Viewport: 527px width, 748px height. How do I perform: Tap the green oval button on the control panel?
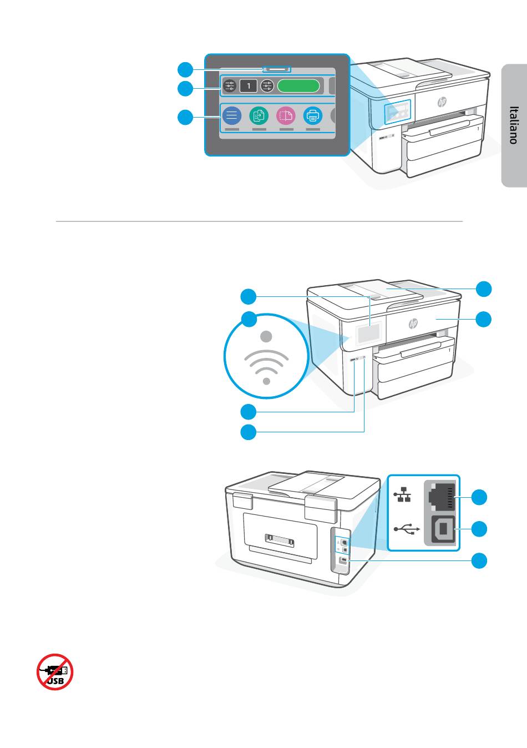tap(298, 85)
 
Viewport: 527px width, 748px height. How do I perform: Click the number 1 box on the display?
tap(249, 86)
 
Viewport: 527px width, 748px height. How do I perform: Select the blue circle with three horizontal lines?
tap(231, 116)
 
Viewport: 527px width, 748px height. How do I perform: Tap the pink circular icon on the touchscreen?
tap(286, 116)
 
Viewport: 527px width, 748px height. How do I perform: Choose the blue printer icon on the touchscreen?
tap(313, 116)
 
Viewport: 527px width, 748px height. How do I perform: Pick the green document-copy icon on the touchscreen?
tap(259, 116)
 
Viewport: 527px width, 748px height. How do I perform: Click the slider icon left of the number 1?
tap(231, 86)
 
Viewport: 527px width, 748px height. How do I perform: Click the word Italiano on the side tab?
tap(514, 125)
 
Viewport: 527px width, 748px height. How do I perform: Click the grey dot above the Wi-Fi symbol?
tap(267, 336)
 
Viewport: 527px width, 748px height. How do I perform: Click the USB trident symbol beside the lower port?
tap(406, 529)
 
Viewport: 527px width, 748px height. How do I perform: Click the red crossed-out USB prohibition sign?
tap(55, 671)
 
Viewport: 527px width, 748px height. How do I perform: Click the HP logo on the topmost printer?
tap(442, 102)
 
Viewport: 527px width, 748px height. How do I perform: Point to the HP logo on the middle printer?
tap(413, 324)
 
